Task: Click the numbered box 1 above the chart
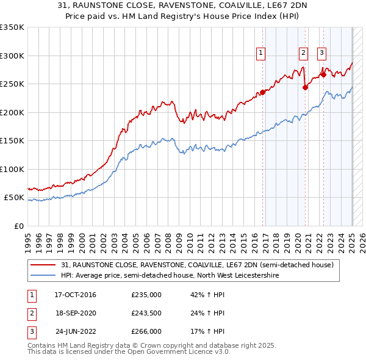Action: (x=260, y=53)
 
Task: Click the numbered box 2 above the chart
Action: (x=303, y=53)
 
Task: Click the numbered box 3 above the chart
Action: (x=321, y=53)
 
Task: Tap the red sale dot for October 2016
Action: (x=263, y=92)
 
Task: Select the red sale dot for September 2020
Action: (x=305, y=87)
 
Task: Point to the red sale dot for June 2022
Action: (x=323, y=74)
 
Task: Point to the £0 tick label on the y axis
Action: (x=18, y=226)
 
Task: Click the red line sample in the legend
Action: (x=43, y=265)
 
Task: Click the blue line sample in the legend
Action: (x=43, y=276)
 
